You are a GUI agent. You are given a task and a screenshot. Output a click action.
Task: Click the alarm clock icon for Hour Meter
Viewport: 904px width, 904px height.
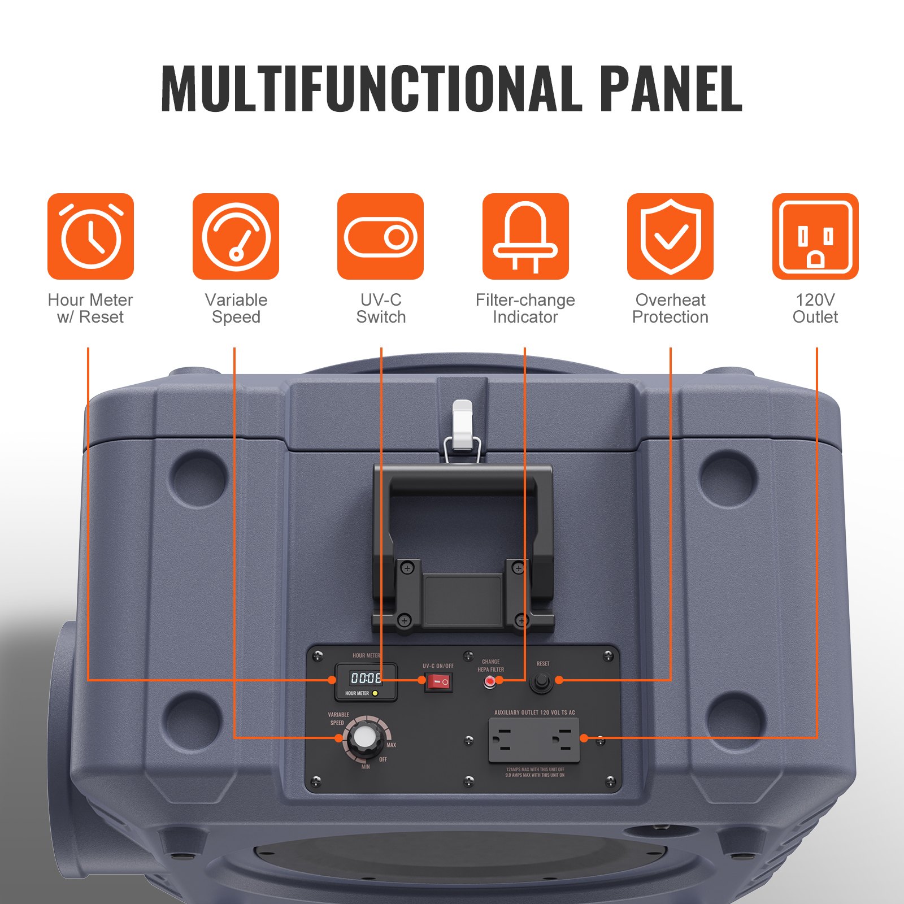pos(90,236)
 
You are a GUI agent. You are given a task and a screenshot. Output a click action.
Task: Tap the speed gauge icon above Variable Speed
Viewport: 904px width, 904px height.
pos(236,236)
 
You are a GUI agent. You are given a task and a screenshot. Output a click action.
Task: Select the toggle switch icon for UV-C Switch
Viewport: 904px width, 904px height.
pos(380,236)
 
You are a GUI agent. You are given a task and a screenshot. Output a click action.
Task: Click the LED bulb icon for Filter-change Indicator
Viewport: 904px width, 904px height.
pos(525,236)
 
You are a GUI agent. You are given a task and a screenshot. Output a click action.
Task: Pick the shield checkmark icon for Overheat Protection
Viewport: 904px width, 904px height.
pos(670,236)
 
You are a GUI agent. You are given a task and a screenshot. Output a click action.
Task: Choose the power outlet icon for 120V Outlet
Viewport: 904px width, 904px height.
pos(815,236)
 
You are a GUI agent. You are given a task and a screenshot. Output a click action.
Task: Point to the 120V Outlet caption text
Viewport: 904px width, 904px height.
pos(815,308)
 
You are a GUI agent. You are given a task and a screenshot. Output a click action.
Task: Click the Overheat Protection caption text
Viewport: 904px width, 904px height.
pos(670,308)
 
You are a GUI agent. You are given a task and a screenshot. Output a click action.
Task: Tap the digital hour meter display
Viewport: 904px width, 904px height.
pos(366,677)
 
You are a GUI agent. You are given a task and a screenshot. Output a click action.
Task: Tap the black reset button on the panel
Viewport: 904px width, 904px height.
pos(541,682)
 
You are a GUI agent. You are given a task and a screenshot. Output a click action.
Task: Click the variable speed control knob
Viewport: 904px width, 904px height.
pos(362,737)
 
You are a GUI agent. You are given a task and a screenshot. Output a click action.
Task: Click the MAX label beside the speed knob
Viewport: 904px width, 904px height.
pos(391,745)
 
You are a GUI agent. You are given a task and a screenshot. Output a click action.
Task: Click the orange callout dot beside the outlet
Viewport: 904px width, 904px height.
pos(584,738)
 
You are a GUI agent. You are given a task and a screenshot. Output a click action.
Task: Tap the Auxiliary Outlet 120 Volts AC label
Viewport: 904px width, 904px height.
pos(534,712)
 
